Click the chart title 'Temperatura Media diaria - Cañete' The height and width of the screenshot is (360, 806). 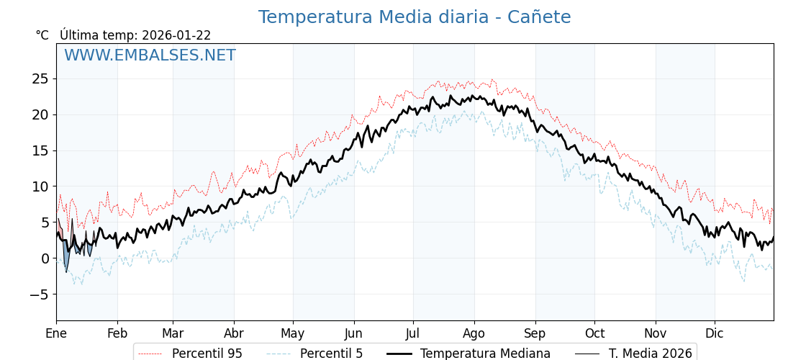tap(415, 17)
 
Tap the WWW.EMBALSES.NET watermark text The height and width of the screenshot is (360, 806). tap(150, 55)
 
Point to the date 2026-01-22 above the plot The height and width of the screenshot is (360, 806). tap(176, 35)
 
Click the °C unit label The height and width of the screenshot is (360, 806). tap(42, 35)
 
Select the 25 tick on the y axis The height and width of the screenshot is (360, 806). tap(40, 78)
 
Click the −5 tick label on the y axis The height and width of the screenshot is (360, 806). tap(37, 294)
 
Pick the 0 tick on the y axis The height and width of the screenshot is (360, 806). tap(45, 258)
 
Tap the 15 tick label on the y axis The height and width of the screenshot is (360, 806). tap(40, 150)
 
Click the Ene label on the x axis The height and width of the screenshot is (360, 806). tap(56, 333)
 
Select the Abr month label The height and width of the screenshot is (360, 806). tap(234, 333)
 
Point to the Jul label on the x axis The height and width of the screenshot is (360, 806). tap(413, 333)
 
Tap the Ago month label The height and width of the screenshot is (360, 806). tap(474, 333)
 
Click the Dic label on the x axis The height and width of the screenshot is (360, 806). tap(715, 333)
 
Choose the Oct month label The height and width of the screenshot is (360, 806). tap(594, 333)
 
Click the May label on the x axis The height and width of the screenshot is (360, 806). tap(293, 333)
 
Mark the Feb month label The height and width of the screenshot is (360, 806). tap(117, 333)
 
